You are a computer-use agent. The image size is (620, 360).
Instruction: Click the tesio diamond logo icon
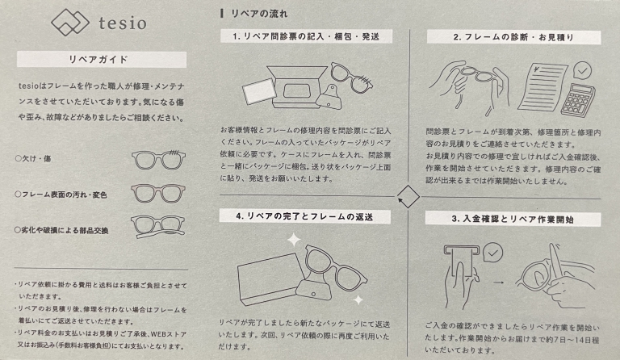(x=70, y=22)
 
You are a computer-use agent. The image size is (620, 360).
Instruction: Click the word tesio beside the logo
(x=123, y=23)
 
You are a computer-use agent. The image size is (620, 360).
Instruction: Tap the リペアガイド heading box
(x=102, y=60)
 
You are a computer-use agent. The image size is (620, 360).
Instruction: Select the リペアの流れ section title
(x=259, y=14)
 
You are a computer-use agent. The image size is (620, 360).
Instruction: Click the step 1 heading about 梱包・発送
(x=306, y=37)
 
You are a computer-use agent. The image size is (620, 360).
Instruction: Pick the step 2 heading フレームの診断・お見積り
(x=513, y=38)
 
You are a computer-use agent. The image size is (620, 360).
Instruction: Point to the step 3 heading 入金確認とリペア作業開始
(x=513, y=220)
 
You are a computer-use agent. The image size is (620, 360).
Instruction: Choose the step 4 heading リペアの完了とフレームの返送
(x=305, y=216)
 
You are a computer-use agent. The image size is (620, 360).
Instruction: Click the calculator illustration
(x=578, y=99)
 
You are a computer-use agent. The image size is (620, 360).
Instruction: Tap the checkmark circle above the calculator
(x=582, y=71)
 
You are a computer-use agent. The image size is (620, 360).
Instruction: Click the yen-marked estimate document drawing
(x=542, y=88)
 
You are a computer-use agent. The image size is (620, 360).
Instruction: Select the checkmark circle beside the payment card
(x=492, y=253)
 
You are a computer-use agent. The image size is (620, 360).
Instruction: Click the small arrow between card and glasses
(x=499, y=283)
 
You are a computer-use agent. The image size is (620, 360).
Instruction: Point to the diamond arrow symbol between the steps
(x=408, y=196)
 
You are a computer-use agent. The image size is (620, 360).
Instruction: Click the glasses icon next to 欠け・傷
(x=158, y=160)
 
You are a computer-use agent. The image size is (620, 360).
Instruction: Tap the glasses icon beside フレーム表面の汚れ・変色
(x=158, y=195)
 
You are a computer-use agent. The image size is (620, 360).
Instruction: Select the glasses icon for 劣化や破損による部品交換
(x=157, y=227)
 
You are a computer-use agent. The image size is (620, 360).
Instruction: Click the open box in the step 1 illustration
(x=299, y=87)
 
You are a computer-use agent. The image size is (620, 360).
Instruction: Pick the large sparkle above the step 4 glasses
(x=293, y=240)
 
